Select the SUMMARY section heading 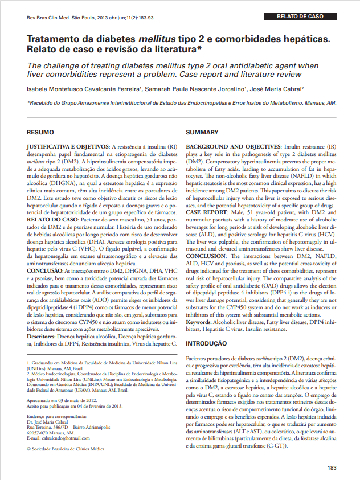click(202, 132)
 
